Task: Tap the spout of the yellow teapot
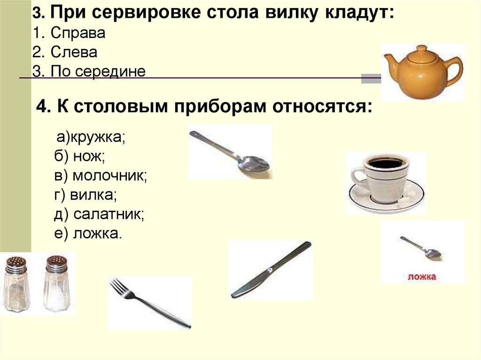tap(391, 60)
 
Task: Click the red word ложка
tap(422, 276)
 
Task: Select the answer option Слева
tap(65, 52)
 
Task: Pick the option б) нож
tap(79, 156)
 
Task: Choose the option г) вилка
tap(85, 195)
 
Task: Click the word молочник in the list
tap(110, 176)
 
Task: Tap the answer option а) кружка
tap(91, 138)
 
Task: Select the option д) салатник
tap(99, 214)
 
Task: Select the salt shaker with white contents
tap(57, 283)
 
